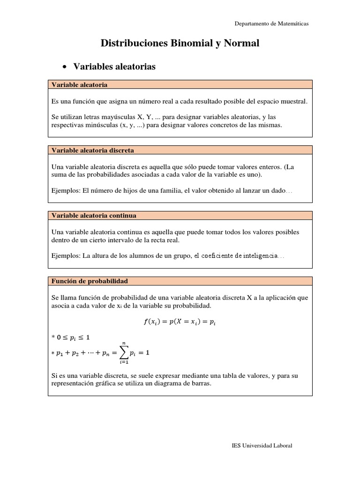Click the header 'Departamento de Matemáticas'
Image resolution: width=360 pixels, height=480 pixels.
[271, 24]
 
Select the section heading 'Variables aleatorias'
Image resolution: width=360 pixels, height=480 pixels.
[114, 67]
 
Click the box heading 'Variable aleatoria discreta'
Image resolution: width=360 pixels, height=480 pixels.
[92, 150]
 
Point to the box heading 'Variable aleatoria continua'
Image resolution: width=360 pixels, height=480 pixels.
[94, 216]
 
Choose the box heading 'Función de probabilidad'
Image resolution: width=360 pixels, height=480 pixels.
[90, 281]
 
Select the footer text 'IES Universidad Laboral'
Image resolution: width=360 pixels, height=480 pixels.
[262, 446]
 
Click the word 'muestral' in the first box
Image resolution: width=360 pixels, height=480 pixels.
[296, 101]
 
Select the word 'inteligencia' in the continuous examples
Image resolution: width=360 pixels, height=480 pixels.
[260, 256]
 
